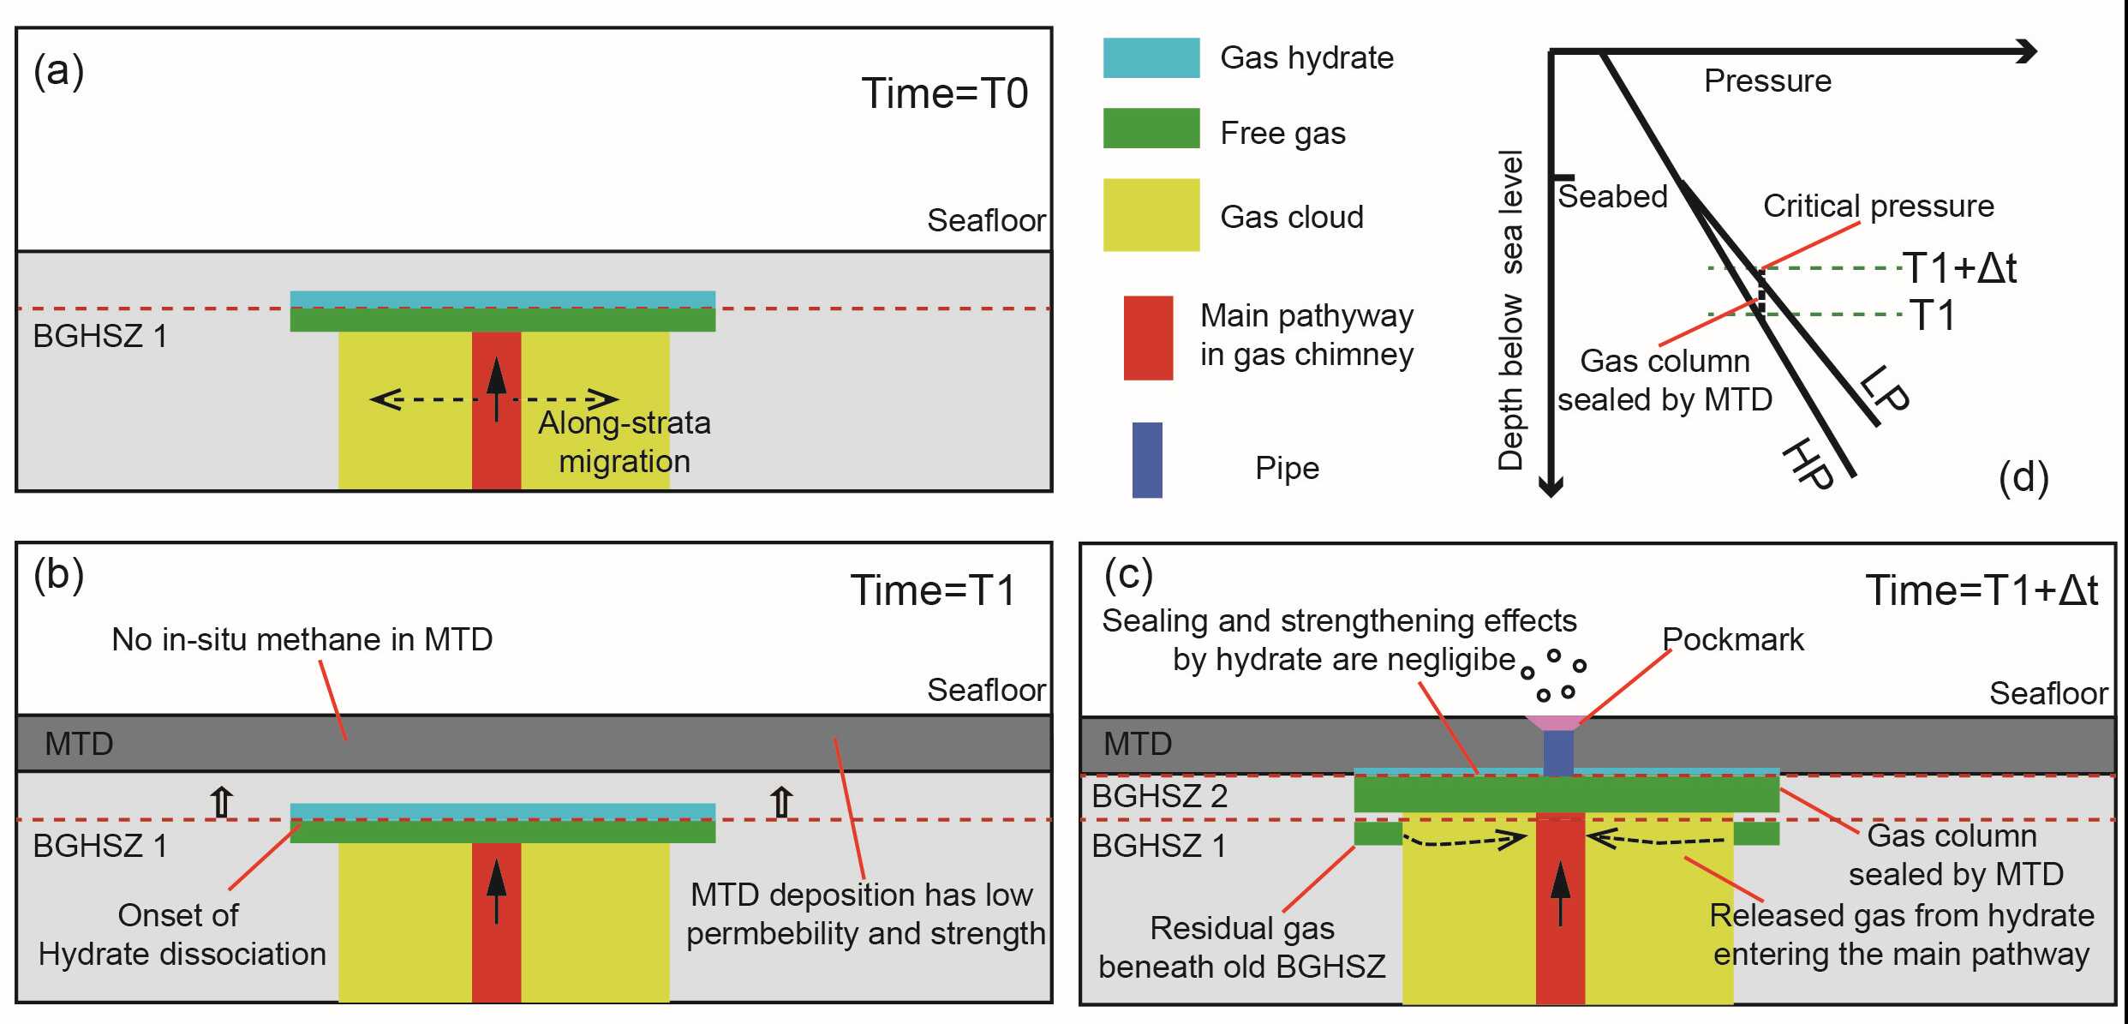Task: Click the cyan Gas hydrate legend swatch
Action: point(1151,58)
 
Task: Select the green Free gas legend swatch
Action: point(1151,129)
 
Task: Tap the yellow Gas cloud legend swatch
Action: point(1151,214)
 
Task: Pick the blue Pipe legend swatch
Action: point(1147,460)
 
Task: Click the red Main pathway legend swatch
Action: point(1148,338)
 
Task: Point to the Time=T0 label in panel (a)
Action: point(944,93)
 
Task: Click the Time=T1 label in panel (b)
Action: point(932,590)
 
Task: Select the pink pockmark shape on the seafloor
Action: point(1558,722)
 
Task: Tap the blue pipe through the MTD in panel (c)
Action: point(1558,752)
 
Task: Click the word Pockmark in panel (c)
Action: point(1732,639)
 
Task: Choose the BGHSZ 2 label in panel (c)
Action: point(1159,796)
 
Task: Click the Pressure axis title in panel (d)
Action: point(1767,81)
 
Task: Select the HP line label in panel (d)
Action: point(1808,463)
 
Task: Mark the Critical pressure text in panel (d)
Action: point(1878,206)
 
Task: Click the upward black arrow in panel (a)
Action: point(497,389)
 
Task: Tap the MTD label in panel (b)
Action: point(79,744)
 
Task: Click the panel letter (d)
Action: point(2023,477)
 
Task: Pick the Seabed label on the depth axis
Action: point(1611,196)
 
